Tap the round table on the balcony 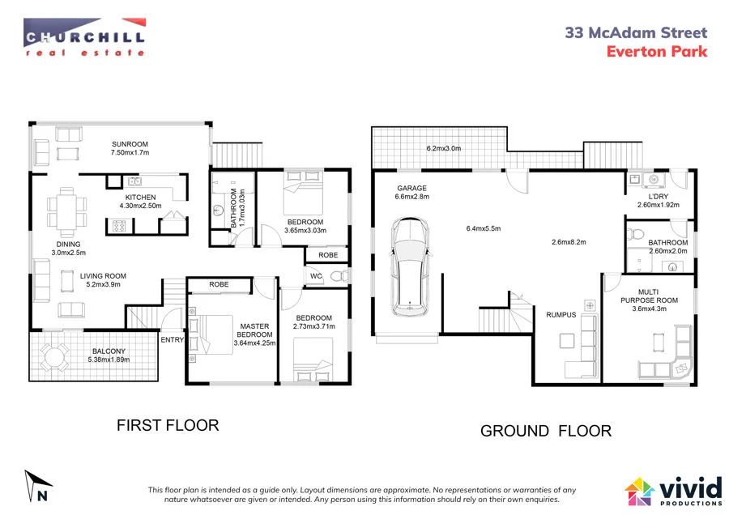coord(55,357)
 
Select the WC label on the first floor coord(316,276)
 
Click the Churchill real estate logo coord(84,37)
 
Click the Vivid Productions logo coord(673,490)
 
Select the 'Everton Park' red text coord(657,52)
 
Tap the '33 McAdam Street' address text coord(636,33)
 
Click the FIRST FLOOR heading coord(168,425)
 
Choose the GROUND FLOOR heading coord(546,431)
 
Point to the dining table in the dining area coord(66,208)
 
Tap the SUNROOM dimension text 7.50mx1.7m coord(130,152)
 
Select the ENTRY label coord(172,339)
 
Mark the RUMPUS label coord(561,315)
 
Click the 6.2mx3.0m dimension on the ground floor coord(443,149)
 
